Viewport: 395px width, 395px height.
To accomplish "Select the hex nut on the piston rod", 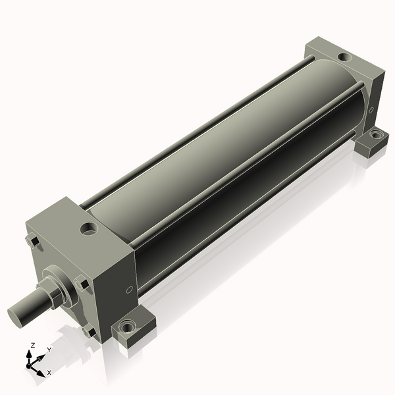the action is [53, 294].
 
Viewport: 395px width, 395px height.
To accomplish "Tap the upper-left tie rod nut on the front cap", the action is [32, 240].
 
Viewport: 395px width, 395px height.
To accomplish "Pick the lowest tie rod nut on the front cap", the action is [90, 330].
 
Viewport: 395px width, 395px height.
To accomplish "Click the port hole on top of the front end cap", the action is [89, 229].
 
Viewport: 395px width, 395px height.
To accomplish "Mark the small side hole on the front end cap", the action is [129, 290].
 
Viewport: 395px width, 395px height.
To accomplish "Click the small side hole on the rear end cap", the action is [371, 110].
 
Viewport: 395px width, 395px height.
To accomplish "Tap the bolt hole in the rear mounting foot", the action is [376, 134].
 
